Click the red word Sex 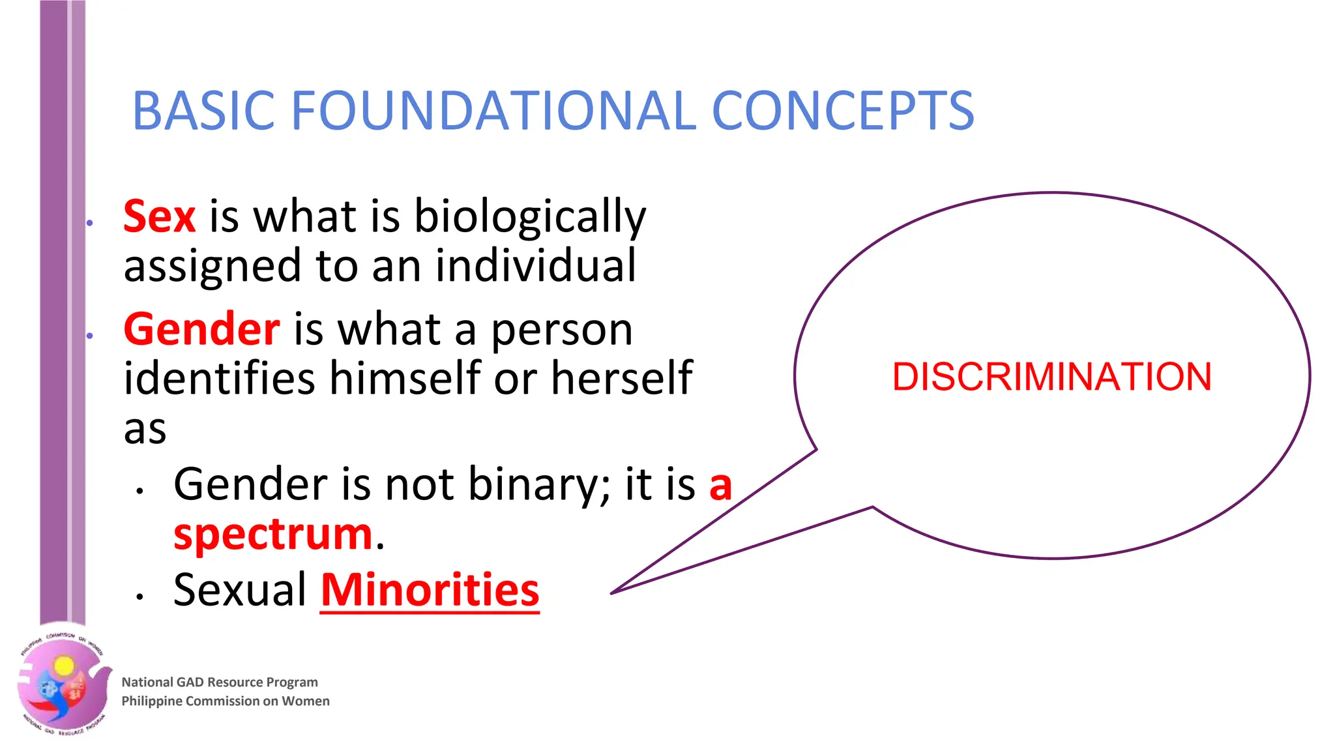click(x=159, y=216)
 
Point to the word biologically click(x=530, y=218)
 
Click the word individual click(x=535, y=266)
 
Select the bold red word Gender click(x=201, y=329)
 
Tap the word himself click(x=403, y=377)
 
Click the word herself click(x=621, y=377)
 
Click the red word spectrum click(x=273, y=534)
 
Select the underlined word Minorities click(x=430, y=590)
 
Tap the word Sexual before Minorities click(x=240, y=590)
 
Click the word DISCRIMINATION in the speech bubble click(x=1051, y=377)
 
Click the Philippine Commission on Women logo click(x=63, y=683)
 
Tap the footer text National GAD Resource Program click(x=220, y=682)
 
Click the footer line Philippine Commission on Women click(x=226, y=701)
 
